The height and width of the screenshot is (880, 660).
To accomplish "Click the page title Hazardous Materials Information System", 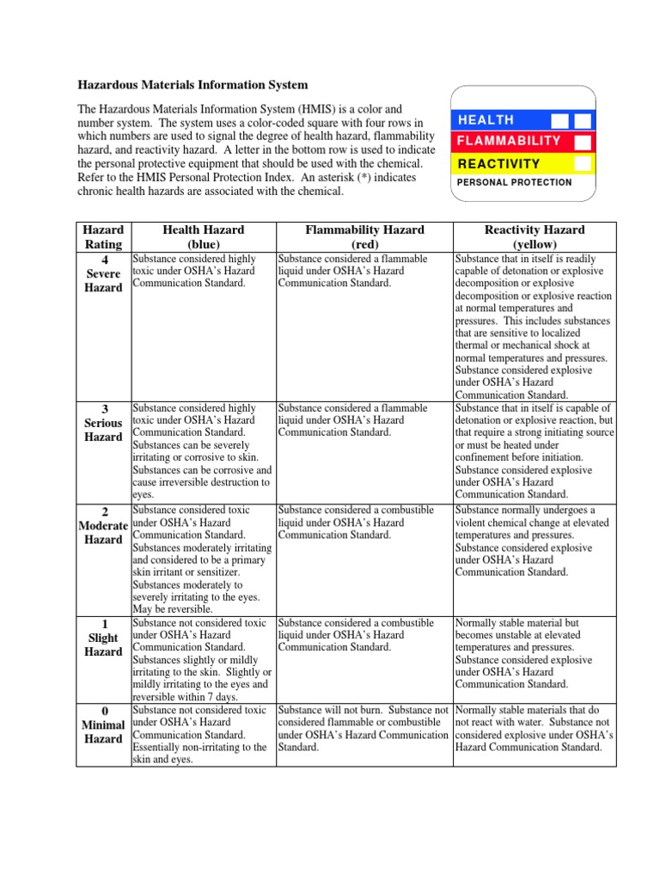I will [192, 85].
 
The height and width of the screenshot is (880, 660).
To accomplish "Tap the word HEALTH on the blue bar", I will [486, 120].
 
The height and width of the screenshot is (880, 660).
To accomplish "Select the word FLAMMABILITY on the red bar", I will [509, 141].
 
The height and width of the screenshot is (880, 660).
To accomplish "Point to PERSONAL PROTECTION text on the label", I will [514, 182].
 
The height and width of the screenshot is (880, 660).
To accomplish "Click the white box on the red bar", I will [583, 141].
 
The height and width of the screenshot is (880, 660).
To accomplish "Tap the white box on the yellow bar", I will [583, 162].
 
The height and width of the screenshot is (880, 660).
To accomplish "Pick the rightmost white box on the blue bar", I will [583, 120].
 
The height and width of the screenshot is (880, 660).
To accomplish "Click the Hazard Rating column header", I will [102, 236].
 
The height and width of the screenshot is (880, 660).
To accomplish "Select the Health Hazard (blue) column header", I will [203, 236].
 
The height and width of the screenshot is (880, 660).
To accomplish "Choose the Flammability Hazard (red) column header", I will [364, 236].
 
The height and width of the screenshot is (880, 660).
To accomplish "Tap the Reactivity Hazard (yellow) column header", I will [535, 236].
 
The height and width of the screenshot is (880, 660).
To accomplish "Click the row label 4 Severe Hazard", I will [103, 273].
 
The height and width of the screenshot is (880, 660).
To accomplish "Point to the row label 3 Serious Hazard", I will [103, 423].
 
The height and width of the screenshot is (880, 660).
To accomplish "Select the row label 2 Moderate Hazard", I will [103, 524].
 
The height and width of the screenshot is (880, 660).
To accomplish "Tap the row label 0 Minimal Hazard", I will [103, 725].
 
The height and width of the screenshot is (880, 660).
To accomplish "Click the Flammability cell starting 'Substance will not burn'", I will [364, 729].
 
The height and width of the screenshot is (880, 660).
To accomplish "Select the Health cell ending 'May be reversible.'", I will [201, 559].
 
